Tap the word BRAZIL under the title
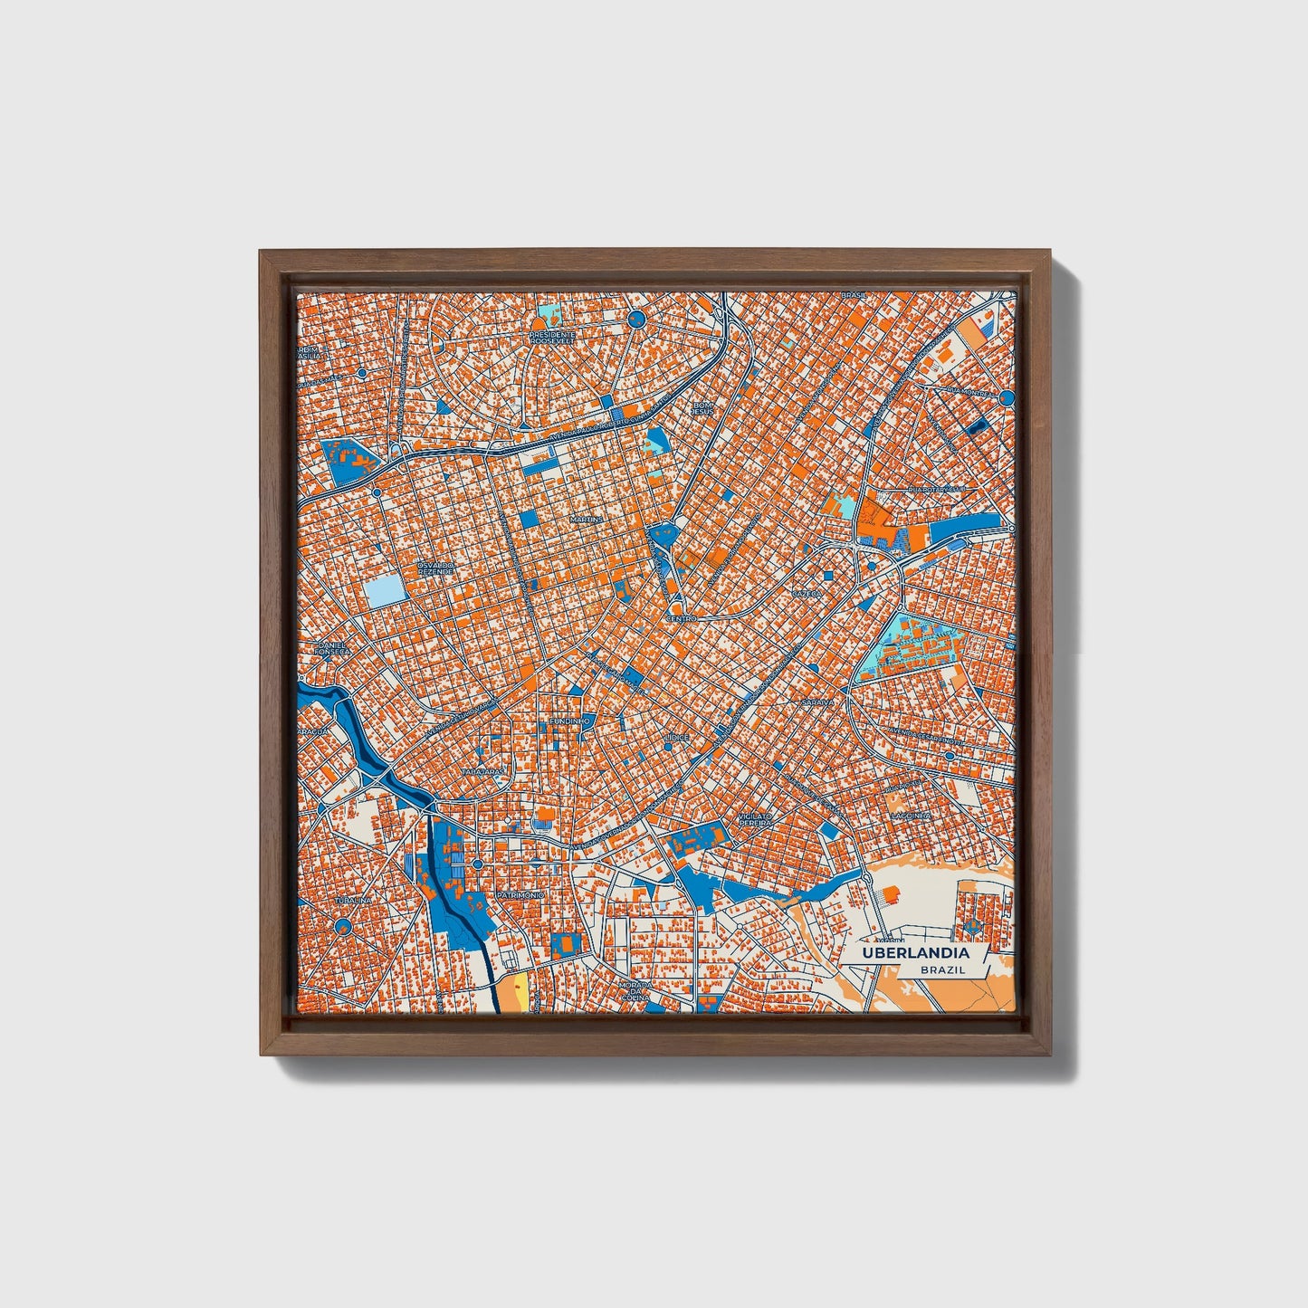click(x=941, y=969)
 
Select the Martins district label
click(x=586, y=520)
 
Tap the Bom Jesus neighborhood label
click(x=702, y=408)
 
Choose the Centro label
click(x=681, y=618)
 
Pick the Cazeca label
click(x=805, y=593)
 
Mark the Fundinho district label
click(x=570, y=721)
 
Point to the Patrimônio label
click(x=520, y=894)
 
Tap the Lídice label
click(x=676, y=738)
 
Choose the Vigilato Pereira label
click(x=754, y=819)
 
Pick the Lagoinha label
click(x=911, y=815)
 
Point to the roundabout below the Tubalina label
click(x=342, y=925)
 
